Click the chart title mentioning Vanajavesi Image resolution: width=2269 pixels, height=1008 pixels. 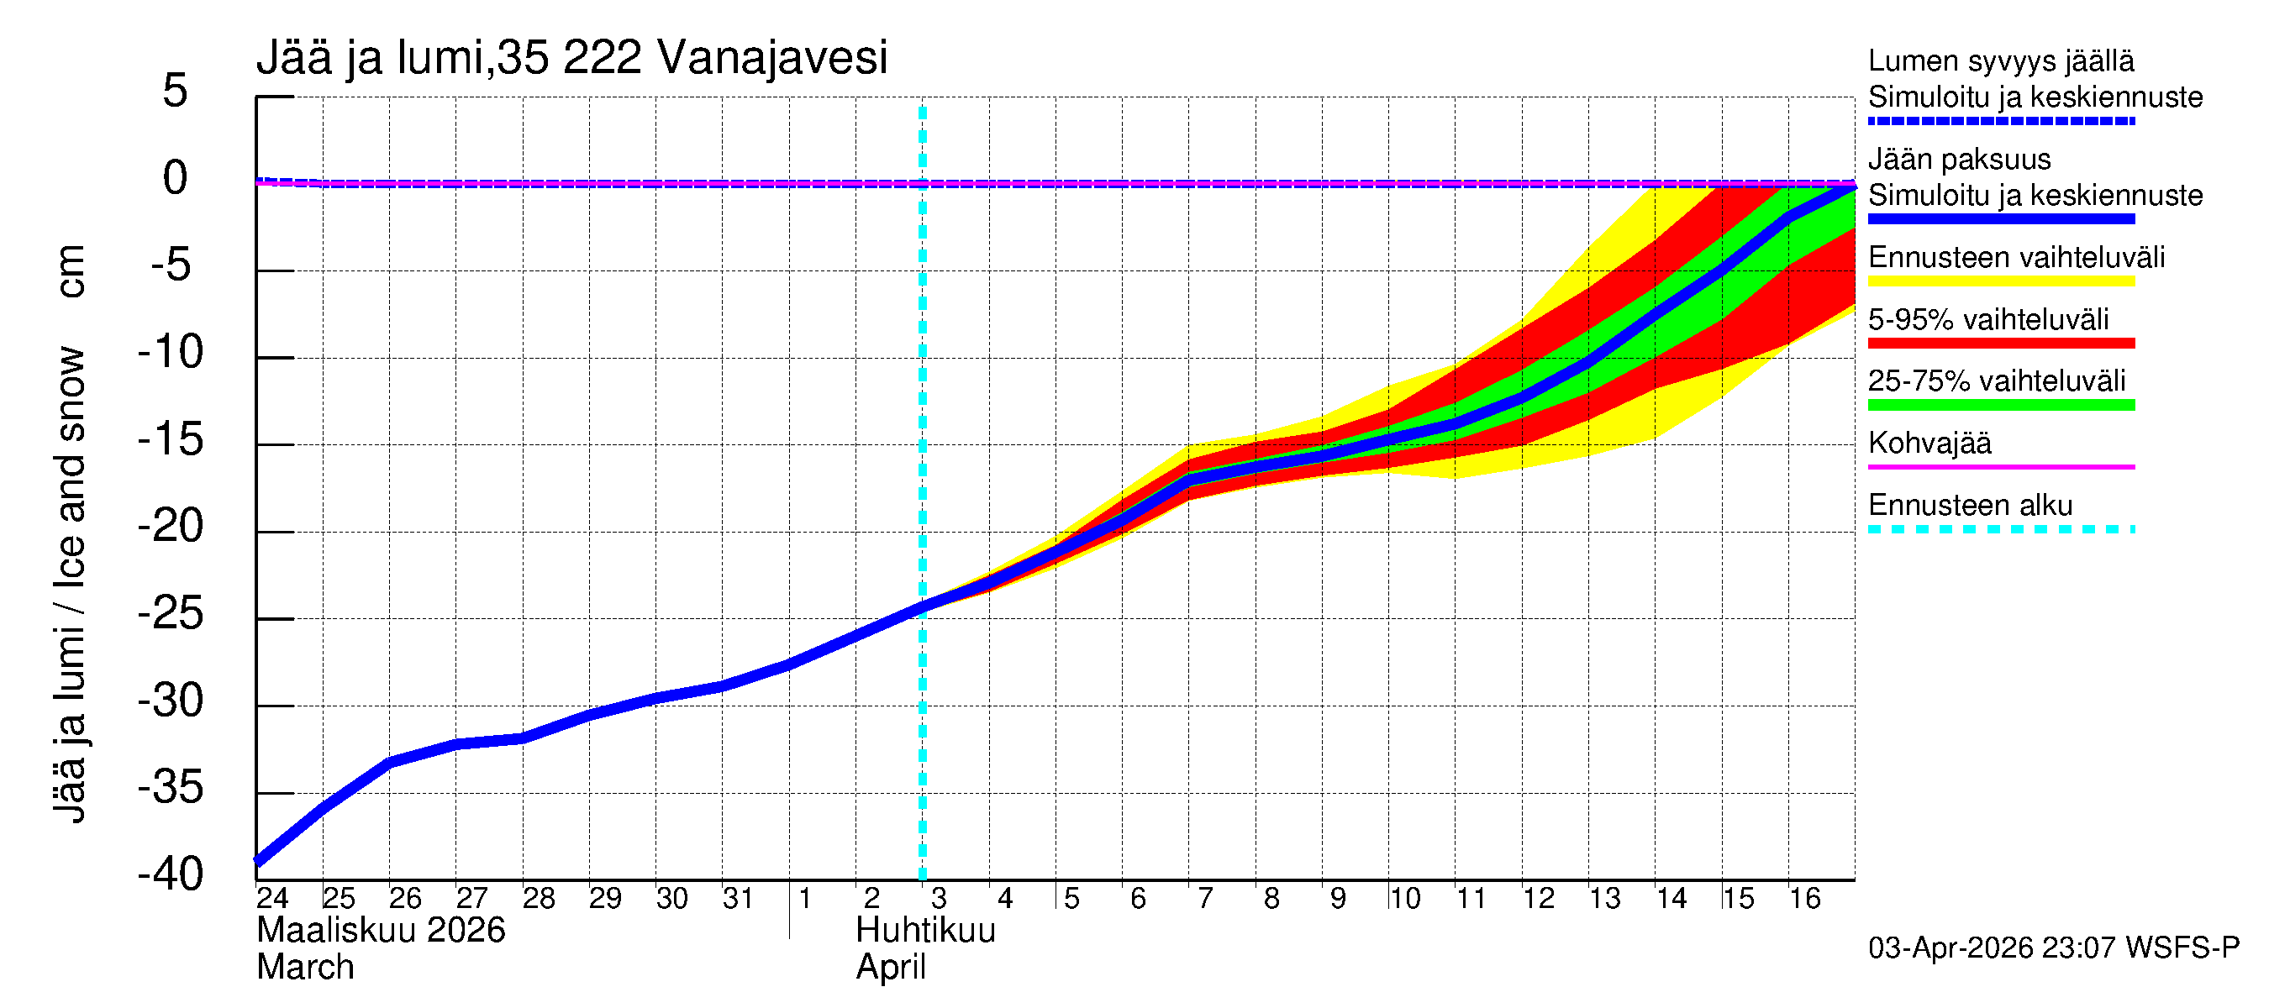[x=571, y=58]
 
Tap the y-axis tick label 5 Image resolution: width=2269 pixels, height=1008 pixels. [x=176, y=91]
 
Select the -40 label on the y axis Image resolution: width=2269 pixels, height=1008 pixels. [x=171, y=874]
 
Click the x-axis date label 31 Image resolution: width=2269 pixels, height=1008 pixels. [x=737, y=899]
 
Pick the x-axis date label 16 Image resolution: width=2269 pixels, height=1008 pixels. [x=1805, y=899]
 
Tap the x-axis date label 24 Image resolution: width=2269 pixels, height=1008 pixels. [x=272, y=899]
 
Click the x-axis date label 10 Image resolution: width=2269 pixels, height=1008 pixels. [x=1404, y=899]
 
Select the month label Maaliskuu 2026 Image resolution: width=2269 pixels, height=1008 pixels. [x=381, y=931]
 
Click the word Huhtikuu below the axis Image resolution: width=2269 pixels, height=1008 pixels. [x=926, y=931]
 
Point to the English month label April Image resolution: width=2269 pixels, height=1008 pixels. [x=891, y=968]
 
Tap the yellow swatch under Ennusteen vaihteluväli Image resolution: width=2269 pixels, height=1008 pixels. [x=2000, y=281]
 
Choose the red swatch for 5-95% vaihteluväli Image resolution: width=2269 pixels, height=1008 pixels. [x=2000, y=344]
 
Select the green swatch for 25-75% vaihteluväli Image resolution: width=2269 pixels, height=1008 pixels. [x=2000, y=405]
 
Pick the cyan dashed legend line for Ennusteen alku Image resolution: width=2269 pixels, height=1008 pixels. [x=2000, y=529]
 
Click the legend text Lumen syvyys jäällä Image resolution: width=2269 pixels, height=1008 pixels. [x=2000, y=61]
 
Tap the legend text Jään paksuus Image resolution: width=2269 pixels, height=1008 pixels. [x=1959, y=160]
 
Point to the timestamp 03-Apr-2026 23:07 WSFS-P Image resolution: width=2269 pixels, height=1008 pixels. [x=2053, y=948]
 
